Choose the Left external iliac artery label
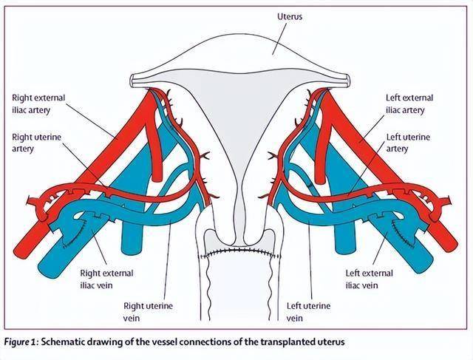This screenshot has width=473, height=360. pyautogui.click(x=409, y=104)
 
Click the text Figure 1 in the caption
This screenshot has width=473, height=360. pyautogui.click(x=24, y=342)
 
